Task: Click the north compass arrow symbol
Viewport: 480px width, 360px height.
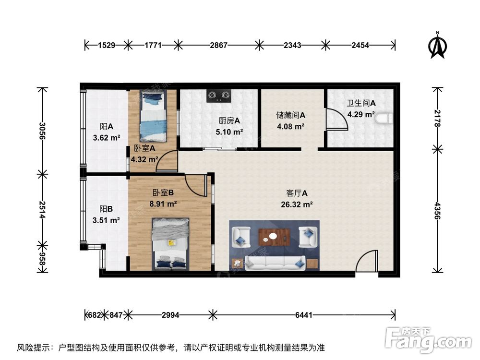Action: [x=437, y=45]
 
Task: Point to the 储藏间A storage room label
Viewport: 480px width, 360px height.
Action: [x=291, y=115]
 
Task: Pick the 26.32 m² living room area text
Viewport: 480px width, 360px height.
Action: [x=297, y=204]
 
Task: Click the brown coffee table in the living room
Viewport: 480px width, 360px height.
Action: [x=274, y=236]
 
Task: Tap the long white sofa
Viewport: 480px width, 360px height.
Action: [x=275, y=262]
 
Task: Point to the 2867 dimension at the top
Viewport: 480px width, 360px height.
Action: [x=218, y=45]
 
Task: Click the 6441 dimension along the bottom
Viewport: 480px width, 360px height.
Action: [x=304, y=315]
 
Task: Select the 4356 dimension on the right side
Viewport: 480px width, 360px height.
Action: [x=436, y=210]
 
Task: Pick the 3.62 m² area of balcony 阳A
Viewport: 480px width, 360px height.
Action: [x=106, y=138]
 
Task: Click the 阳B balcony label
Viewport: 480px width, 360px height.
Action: [x=106, y=209]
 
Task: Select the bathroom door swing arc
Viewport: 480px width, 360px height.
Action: [x=336, y=120]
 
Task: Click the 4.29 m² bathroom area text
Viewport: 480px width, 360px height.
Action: [x=361, y=114]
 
